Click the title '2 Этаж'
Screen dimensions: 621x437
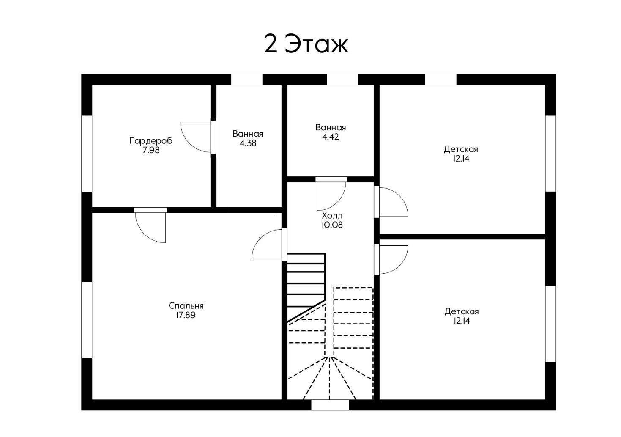306,44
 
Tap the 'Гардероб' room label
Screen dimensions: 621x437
151,141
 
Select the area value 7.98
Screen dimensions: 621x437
151,150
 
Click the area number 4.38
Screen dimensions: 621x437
248,143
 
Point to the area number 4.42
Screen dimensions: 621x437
331,137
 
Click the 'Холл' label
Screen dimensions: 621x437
332,216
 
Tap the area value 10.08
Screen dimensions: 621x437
332,225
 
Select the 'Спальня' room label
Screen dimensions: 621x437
186,306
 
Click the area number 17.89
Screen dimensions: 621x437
186,315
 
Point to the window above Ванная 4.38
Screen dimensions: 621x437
247,80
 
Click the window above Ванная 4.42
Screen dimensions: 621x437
343,80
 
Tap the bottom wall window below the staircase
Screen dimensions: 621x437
330,405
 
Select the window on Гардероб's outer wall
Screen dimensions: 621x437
87,154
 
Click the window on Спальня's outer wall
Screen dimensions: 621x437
87,320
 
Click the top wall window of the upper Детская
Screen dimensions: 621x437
441,80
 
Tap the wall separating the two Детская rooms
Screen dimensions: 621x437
462,236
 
